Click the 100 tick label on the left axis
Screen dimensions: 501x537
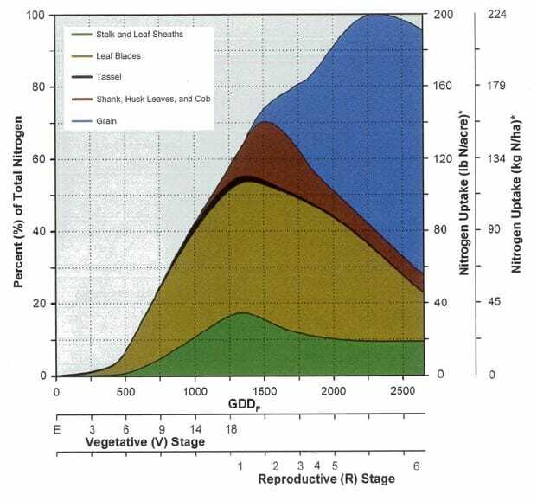(32, 15)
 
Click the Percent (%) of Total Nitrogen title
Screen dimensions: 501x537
(17, 195)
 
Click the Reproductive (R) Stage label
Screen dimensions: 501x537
(326, 479)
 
